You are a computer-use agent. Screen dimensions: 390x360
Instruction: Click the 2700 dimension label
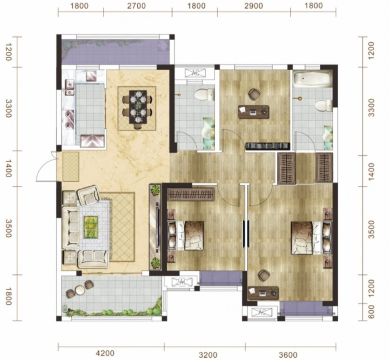(137, 6)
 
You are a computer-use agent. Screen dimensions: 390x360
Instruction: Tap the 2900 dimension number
(253, 6)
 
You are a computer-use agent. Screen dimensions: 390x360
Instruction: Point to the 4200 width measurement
(105, 353)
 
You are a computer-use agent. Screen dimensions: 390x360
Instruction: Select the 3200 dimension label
(208, 354)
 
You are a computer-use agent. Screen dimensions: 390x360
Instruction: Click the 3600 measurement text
(288, 354)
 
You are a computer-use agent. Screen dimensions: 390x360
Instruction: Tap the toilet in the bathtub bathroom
(324, 105)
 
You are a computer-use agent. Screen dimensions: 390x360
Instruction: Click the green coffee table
(91, 227)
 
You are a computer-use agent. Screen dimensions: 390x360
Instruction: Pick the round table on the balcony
(80, 290)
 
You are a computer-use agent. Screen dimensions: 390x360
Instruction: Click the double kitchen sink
(69, 87)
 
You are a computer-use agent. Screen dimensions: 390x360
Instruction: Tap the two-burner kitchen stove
(69, 119)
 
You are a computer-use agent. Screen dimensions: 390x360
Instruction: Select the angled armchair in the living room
(89, 195)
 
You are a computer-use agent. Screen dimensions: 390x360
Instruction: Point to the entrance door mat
(71, 167)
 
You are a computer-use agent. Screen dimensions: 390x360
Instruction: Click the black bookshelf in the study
(267, 146)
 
